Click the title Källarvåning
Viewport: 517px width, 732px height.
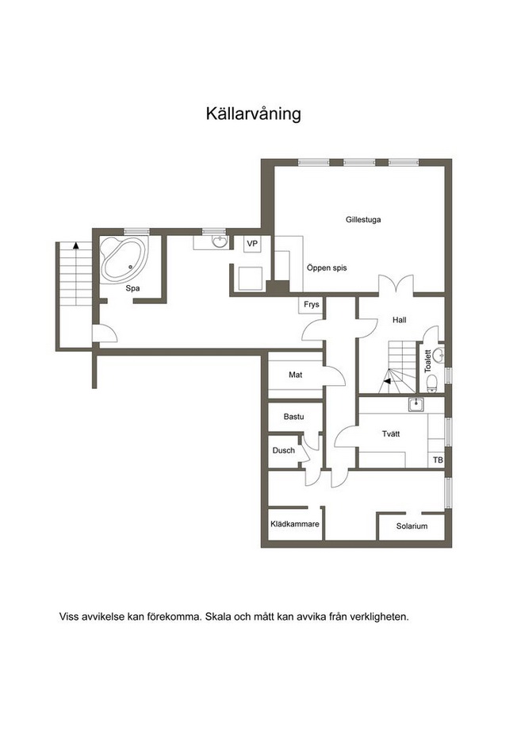[254, 114]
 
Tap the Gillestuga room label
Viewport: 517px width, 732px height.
[363, 219]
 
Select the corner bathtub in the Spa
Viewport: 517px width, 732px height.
[124, 260]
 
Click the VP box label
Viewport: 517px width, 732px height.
[252, 244]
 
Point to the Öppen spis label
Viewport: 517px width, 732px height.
[327, 268]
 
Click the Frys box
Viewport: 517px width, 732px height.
[312, 304]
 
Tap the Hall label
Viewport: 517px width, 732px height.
[399, 320]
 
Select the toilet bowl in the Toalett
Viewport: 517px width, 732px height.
[431, 383]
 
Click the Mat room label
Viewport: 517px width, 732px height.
[296, 375]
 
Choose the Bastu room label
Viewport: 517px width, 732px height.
[293, 417]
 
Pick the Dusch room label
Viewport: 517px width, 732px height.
[283, 450]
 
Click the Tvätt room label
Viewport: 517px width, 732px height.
[391, 433]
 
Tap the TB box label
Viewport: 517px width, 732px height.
[438, 460]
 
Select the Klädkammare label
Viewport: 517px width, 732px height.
[295, 524]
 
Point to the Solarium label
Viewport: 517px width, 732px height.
[412, 526]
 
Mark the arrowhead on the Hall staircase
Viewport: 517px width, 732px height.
[386, 381]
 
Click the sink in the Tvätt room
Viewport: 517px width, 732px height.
[416, 405]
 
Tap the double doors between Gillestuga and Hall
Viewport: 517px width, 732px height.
[396, 284]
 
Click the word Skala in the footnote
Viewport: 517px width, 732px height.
[216, 617]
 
